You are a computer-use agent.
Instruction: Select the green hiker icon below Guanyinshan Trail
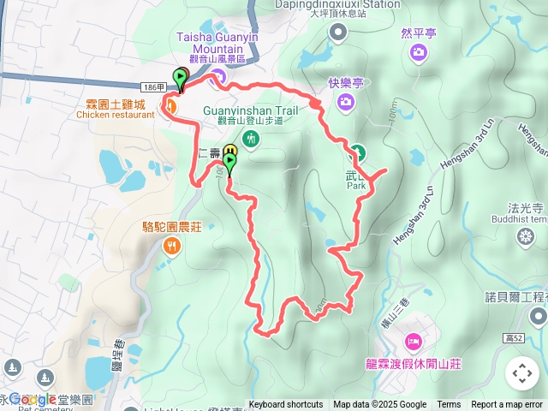pos(251,139)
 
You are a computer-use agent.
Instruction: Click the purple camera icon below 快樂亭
pos(346,103)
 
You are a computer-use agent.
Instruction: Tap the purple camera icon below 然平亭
pos(419,53)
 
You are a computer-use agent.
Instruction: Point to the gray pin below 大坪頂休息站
pos(339,33)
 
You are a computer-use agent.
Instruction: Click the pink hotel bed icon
pos(413,342)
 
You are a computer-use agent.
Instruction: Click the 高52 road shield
pos(515,339)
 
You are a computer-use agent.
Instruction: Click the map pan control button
pos(522,373)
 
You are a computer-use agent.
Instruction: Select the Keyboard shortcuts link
pos(286,405)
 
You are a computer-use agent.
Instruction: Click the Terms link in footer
pos(449,405)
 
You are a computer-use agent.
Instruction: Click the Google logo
pos(33,399)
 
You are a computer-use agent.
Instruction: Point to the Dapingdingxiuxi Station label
pos(349,4)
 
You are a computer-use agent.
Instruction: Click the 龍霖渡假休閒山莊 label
pos(414,364)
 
